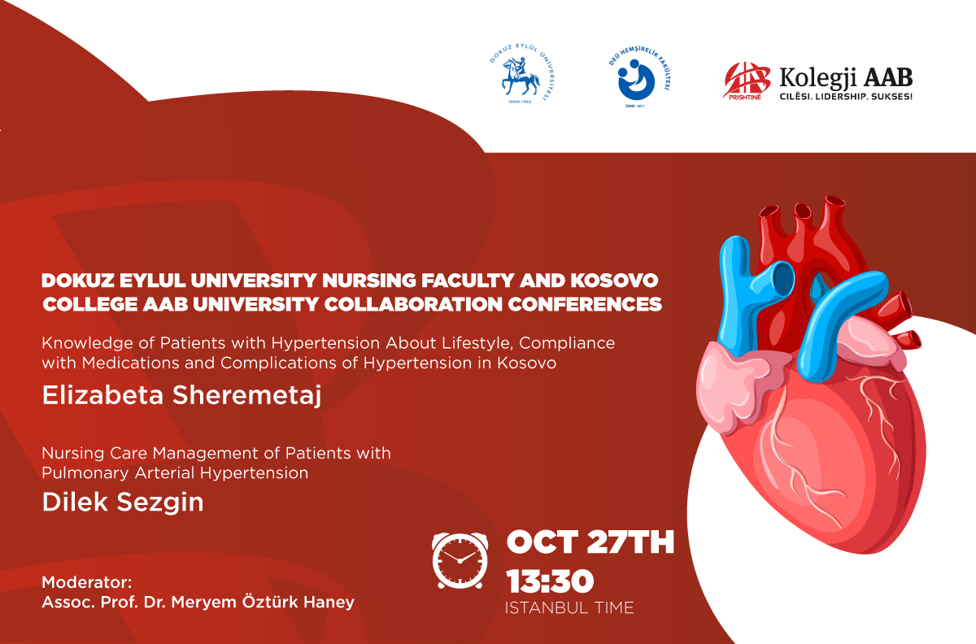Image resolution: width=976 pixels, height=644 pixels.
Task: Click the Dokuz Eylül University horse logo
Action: coord(522,75)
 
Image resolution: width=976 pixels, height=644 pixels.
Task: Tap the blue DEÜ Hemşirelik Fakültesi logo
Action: coord(638,77)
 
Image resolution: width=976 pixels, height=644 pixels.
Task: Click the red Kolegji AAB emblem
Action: coord(746,81)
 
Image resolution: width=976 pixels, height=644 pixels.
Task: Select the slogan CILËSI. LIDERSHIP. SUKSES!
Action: coord(846,96)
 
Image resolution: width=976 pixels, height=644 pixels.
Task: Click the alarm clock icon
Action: coord(460,561)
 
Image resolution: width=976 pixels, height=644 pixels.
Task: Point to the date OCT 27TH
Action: coord(590,542)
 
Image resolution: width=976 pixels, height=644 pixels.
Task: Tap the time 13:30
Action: coord(550,581)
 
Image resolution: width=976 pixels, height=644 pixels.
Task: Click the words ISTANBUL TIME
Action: coord(569,607)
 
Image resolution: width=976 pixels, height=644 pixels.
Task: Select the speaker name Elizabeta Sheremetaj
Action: coord(181,396)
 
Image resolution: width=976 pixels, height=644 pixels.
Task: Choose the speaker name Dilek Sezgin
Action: coord(123,503)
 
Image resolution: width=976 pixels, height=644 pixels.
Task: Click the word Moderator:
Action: coord(87,582)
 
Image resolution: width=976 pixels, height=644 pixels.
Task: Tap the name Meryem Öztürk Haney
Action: coord(263,602)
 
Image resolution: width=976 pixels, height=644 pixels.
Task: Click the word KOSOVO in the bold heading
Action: coord(614,281)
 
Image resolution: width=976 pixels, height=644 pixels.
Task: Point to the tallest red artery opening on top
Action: coord(834,202)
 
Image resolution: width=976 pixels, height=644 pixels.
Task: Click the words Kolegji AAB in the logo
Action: coord(846,78)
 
